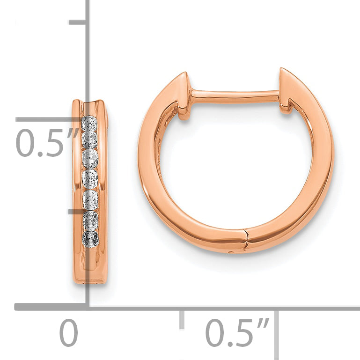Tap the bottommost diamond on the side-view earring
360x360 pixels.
91,239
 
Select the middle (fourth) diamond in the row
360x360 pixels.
90,178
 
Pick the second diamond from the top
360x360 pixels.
90,140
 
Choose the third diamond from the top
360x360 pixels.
90,158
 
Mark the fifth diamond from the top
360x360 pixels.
90,199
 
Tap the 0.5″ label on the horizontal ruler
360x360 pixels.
237,332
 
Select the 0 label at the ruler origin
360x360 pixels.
68,332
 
